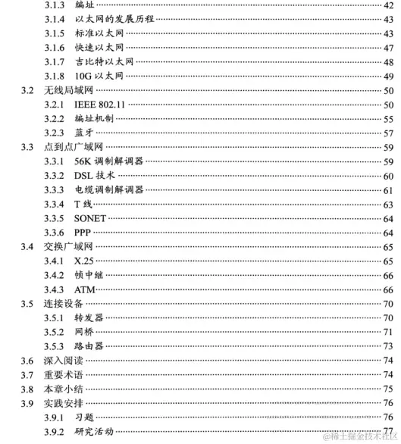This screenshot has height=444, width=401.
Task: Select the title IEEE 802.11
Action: (99, 105)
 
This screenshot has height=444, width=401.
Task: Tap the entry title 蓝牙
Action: (84, 133)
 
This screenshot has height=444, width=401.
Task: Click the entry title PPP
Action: (83, 232)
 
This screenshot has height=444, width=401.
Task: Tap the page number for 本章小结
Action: (387, 389)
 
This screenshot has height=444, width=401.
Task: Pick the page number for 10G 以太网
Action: (387, 77)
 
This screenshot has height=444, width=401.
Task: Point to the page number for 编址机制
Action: (387, 119)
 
